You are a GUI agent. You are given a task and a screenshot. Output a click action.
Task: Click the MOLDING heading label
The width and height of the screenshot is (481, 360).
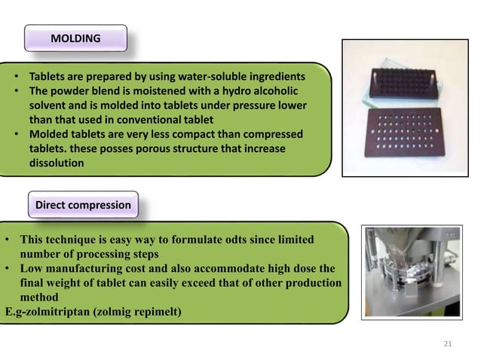pos(75,38)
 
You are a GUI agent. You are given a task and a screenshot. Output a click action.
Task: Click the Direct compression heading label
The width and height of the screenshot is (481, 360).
pos(82,205)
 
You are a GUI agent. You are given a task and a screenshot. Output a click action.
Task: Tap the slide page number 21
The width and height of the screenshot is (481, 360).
pos(446,344)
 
